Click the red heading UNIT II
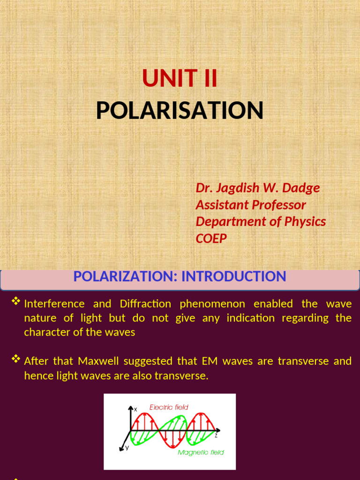click(180, 79)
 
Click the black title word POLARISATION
click(180, 111)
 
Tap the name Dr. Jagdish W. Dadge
click(257, 188)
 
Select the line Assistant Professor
click(251, 205)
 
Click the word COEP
click(211, 238)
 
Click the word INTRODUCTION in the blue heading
click(233, 277)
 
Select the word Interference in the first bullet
click(54, 304)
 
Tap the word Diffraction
click(145, 304)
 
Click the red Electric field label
click(169, 407)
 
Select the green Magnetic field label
click(201, 452)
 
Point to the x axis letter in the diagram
click(135, 409)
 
